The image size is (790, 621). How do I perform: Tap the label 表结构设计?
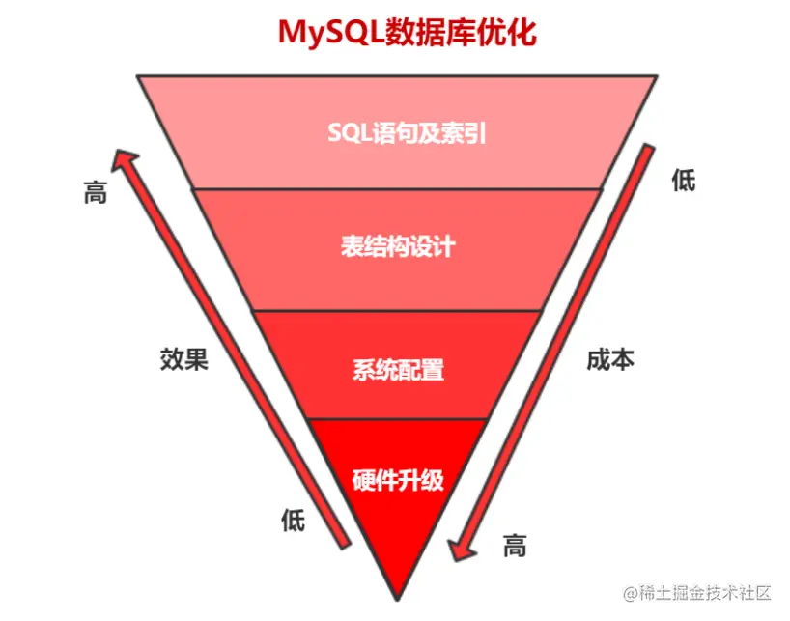coord(397,247)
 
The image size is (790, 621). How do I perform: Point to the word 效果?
coord(183,359)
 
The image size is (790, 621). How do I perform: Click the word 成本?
coord(610,359)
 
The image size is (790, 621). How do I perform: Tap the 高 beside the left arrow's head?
coord(95,192)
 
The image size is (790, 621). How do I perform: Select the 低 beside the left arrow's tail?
coord(293,522)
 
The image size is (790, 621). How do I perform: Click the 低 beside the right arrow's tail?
coord(683,180)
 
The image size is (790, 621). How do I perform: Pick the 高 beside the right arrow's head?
coord(515,546)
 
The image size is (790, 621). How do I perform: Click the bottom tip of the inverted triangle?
coord(396,597)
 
